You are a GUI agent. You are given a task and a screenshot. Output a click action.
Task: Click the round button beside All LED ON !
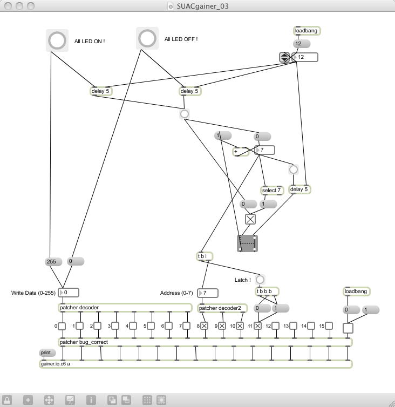(x=57, y=40)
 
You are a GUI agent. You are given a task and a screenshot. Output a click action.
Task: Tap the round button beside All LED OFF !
(x=147, y=38)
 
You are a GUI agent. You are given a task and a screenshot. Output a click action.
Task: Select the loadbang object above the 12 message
(x=307, y=31)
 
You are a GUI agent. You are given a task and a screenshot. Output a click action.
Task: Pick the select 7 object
(x=272, y=190)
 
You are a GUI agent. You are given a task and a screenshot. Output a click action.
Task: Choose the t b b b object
(x=267, y=291)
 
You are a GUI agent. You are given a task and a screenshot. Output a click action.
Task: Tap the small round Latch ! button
(x=260, y=280)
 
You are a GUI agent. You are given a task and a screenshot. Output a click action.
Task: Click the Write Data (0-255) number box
(x=69, y=293)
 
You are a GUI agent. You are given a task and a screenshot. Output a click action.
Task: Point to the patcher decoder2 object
(x=222, y=308)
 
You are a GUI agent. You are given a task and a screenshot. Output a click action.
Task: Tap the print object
(x=47, y=353)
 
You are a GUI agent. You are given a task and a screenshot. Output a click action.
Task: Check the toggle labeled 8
(x=205, y=326)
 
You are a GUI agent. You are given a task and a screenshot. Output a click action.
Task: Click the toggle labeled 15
(x=329, y=326)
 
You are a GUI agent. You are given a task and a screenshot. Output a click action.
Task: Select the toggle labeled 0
(x=62, y=326)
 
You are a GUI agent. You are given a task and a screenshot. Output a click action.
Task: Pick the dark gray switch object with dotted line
(x=247, y=243)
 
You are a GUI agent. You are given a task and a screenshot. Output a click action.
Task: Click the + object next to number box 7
(x=241, y=152)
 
